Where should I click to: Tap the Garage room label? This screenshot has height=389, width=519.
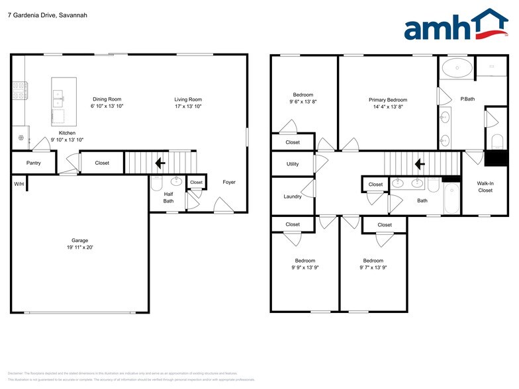tap(80, 240)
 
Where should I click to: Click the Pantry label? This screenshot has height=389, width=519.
tap(33, 163)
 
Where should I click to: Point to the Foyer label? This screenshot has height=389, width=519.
tap(229, 182)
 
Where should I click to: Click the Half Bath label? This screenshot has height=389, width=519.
tap(169, 197)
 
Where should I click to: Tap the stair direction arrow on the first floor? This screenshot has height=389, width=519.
tap(160, 163)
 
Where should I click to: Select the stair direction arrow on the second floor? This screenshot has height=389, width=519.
tap(419, 163)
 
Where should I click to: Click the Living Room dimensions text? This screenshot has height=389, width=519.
tap(188, 106)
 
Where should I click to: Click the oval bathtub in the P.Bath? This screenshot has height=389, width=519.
tap(457, 67)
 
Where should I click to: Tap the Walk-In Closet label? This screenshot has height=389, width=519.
tap(485, 187)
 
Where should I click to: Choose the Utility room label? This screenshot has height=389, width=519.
tap(293, 164)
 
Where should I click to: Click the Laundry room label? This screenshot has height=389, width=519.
tap(292, 196)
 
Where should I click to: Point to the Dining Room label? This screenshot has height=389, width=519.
tap(107, 99)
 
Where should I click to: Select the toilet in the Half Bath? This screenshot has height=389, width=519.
tap(157, 183)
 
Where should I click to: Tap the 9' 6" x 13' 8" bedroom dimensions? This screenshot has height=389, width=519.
tap(304, 103)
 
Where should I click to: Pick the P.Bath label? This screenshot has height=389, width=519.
tap(469, 99)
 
